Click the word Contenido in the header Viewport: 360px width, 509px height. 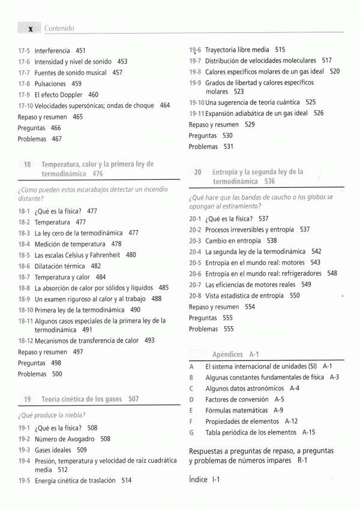point(59,29)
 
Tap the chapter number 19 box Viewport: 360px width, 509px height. point(27,399)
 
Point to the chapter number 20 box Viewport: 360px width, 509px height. point(198,172)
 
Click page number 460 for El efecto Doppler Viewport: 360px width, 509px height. point(93,95)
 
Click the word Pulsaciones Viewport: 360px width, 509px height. point(50,84)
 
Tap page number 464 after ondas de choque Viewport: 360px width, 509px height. point(164,106)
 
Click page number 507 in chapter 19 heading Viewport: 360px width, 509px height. point(133,399)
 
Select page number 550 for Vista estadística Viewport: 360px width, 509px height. point(295,296)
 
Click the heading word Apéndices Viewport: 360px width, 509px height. point(227,354)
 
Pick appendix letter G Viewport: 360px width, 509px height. point(191,432)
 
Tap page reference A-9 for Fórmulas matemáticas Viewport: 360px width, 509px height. point(278,411)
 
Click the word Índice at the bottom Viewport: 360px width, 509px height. point(197,479)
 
